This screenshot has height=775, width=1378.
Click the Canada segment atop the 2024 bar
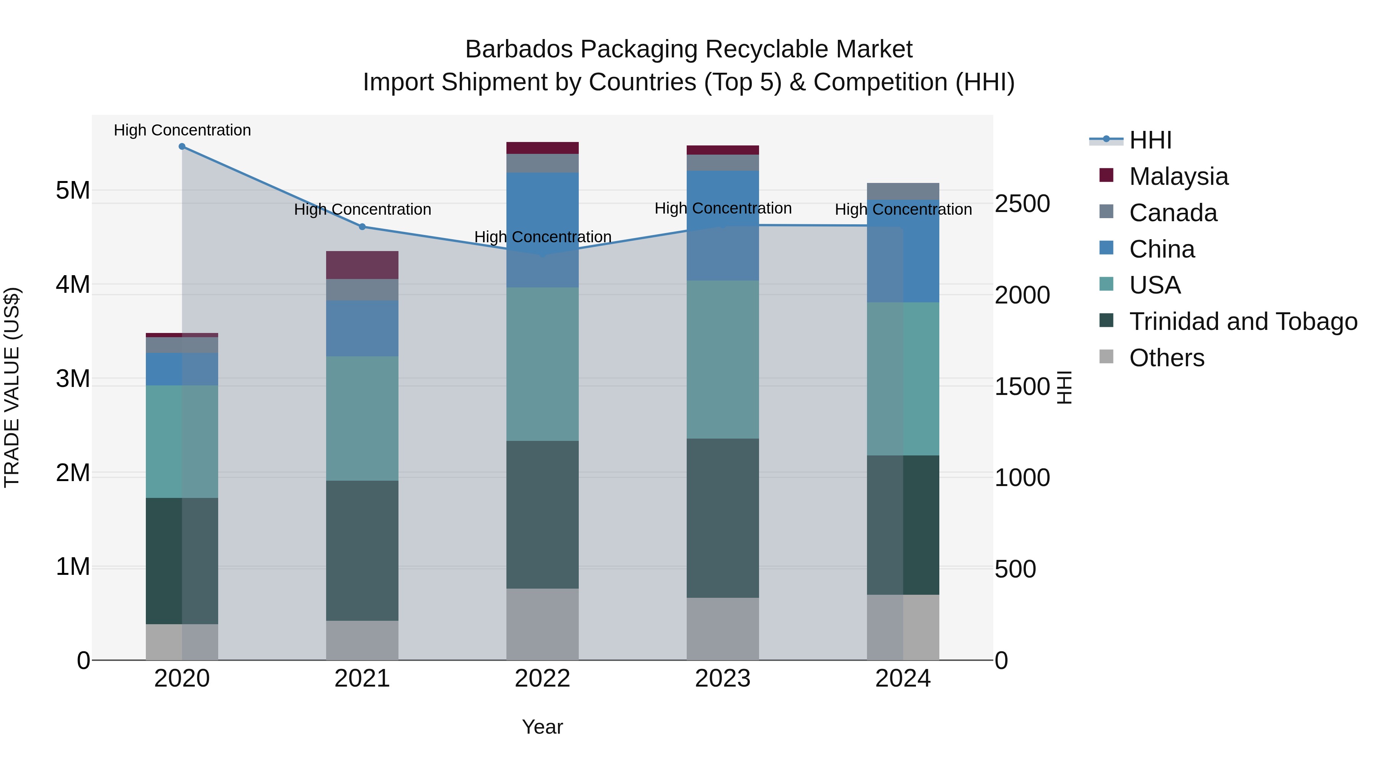[903, 191]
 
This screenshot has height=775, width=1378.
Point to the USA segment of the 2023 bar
[723, 359]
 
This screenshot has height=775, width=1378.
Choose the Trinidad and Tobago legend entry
[1242, 321]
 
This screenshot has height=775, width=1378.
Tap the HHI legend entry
[1150, 140]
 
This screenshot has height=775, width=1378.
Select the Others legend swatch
[1106, 357]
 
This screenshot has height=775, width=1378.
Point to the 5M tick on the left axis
[73, 191]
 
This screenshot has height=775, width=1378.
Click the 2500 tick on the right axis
[1022, 204]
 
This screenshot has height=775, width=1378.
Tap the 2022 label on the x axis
[542, 679]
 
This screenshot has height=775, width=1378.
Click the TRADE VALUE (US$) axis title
[12, 387]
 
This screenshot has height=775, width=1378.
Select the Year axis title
[542, 727]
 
